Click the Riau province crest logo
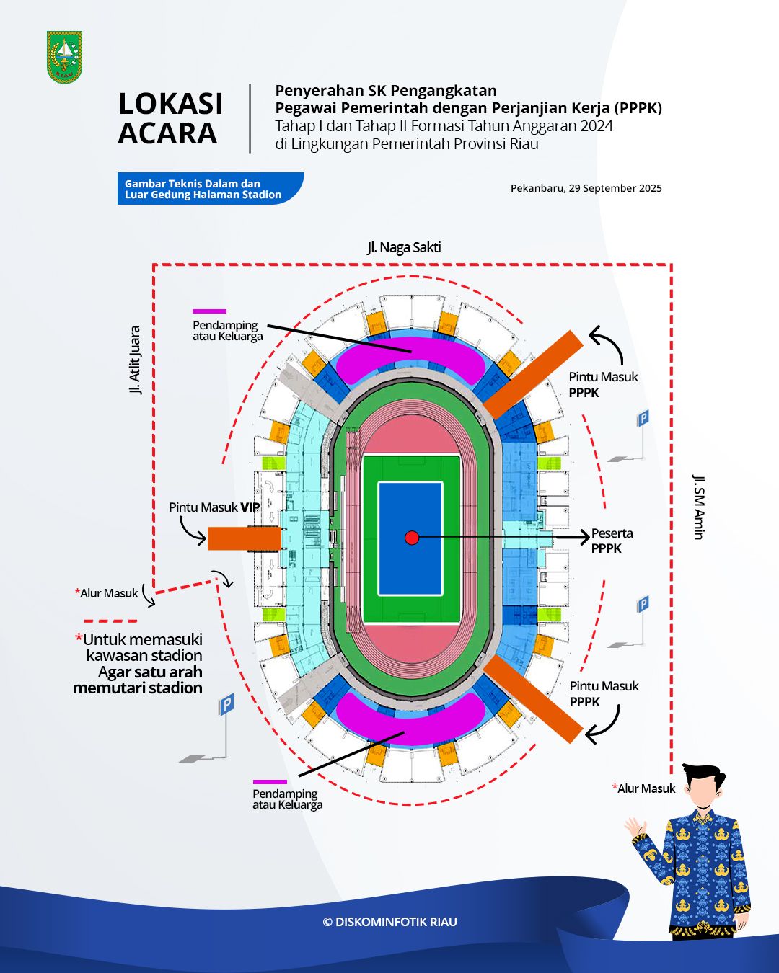pyautogui.click(x=64, y=57)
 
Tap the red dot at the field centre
pyautogui.click(x=412, y=538)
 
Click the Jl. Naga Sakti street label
pyautogui.click(x=404, y=247)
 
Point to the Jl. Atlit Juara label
pyautogui.click(x=135, y=360)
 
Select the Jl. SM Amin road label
pyautogui.click(x=698, y=506)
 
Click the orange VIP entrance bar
pyautogui.click(x=244, y=538)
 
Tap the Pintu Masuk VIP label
pyautogui.click(x=214, y=507)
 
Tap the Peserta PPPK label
pyautogui.click(x=612, y=541)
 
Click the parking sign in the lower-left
pyautogui.click(x=226, y=704)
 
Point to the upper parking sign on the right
pyautogui.click(x=642, y=418)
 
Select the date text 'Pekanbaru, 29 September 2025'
pyautogui.click(x=586, y=188)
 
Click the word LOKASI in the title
pyautogui.click(x=171, y=104)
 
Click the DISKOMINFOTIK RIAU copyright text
pyautogui.click(x=389, y=922)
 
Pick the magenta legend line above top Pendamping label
pyautogui.click(x=209, y=312)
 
